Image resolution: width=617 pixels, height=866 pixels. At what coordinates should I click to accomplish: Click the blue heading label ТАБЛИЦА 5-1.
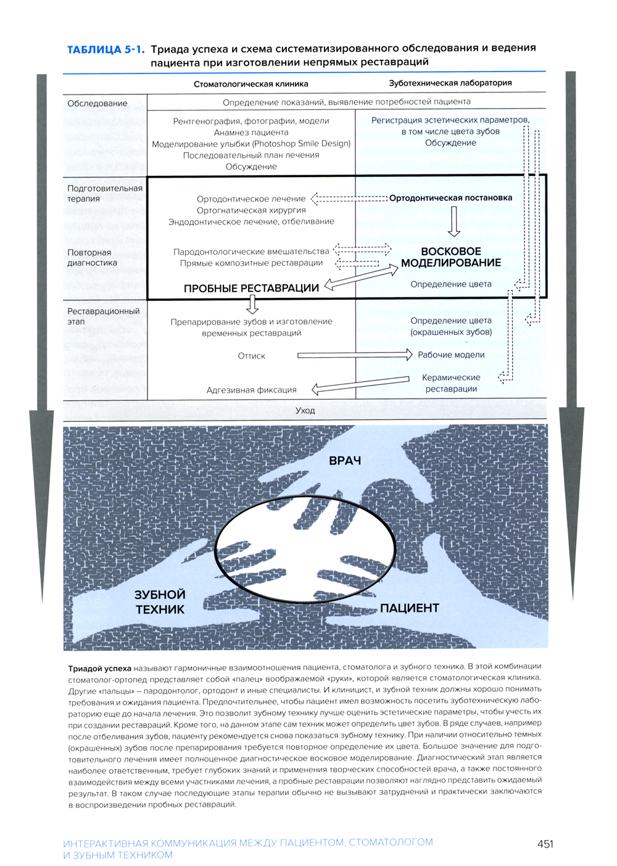[106, 49]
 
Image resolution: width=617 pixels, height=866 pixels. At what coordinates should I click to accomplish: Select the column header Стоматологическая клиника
[251, 84]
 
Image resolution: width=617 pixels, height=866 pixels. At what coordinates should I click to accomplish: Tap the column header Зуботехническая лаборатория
[450, 83]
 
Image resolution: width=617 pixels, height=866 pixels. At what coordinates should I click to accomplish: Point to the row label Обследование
[97, 104]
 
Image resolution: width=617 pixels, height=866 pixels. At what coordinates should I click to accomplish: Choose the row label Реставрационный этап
[103, 316]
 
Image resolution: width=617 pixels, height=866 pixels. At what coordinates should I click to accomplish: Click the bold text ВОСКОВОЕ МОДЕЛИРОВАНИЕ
[451, 257]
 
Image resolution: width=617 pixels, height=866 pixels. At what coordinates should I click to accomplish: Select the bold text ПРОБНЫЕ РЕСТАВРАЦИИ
[251, 288]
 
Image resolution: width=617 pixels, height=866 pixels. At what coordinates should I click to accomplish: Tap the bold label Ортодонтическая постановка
[450, 198]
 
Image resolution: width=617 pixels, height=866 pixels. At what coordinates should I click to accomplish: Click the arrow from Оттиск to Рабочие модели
[354, 355]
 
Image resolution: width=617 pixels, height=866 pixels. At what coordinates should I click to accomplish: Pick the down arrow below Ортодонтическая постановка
[454, 221]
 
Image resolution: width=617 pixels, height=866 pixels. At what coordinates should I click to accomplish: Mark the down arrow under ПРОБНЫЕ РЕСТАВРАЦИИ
[252, 304]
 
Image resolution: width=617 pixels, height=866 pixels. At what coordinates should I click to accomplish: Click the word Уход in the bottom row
[305, 410]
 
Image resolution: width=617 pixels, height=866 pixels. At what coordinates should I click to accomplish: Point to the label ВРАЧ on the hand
[345, 461]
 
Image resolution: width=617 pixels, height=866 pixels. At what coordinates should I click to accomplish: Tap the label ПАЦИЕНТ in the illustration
[409, 608]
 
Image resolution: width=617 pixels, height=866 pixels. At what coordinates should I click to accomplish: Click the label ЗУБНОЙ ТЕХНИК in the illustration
[160, 602]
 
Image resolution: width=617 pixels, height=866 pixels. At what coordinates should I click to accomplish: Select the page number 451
[545, 844]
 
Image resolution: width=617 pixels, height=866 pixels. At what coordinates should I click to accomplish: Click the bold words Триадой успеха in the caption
[99, 667]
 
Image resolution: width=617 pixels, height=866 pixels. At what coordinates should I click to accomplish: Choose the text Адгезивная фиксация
[251, 390]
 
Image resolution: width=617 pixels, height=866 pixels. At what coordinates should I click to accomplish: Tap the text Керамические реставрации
[450, 383]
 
